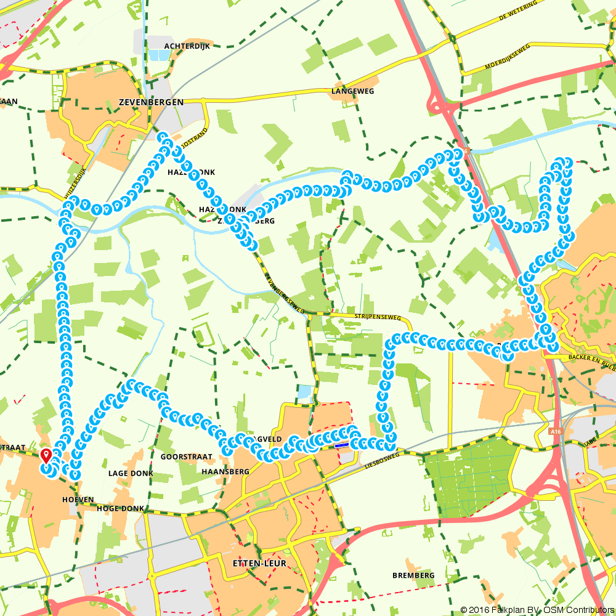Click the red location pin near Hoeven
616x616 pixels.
pos(46,456)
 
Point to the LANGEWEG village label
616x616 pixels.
pos(352,91)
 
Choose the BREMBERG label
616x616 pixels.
pos(413,575)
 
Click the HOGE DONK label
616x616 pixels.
pos(121,509)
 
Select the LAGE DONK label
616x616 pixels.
pos(131,473)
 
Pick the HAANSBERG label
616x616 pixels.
pos(225,471)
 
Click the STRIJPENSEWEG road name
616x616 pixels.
pos(378,318)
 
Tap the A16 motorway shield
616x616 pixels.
pos(556,432)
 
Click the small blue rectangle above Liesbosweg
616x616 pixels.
pos(341,443)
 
